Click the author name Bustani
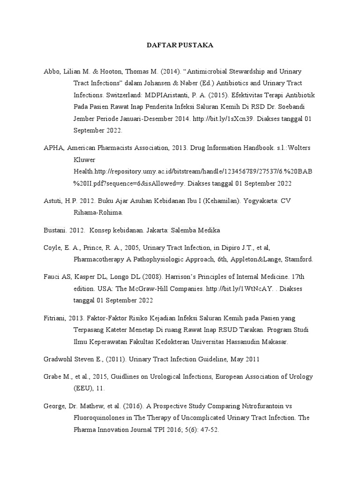click(53, 230)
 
